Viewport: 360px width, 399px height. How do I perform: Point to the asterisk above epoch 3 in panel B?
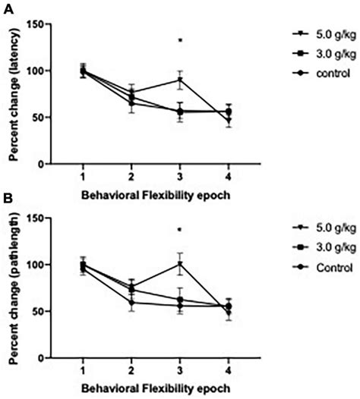tap(180, 231)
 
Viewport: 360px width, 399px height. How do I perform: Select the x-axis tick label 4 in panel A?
tap(229, 176)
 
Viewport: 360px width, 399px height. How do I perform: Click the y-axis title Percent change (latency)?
tap(13, 94)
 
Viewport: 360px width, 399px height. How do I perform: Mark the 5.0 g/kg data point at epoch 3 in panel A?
tap(180, 80)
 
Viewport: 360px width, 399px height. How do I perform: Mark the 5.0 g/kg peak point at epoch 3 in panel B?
tap(180, 264)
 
